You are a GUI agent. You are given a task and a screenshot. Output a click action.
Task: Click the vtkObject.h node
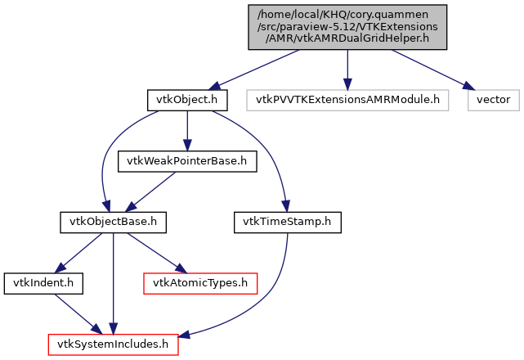click(187, 101)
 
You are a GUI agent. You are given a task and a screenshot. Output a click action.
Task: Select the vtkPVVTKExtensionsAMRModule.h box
click(347, 101)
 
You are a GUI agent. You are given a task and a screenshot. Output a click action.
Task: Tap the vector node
click(493, 101)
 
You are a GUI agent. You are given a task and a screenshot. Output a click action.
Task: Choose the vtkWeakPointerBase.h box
click(187, 161)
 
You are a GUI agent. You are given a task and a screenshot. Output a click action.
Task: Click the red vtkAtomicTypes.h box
click(200, 282)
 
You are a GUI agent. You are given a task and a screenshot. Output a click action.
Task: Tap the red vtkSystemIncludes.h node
click(113, 344)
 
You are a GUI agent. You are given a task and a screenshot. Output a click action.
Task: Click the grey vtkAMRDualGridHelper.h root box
click(347, 28)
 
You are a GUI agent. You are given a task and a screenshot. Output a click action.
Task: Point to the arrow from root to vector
click(429, 70)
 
